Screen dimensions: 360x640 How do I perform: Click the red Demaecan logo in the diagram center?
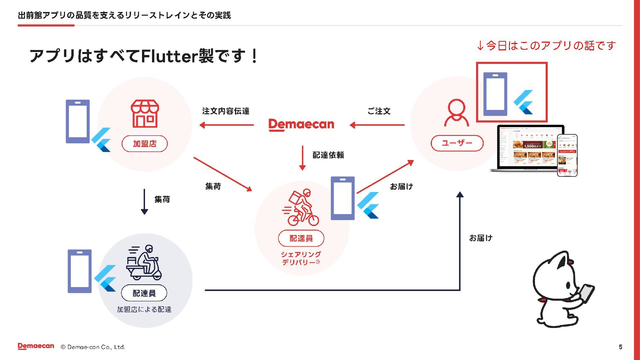301,125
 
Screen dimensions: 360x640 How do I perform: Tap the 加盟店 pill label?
145,144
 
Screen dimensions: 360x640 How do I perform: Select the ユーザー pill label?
457,143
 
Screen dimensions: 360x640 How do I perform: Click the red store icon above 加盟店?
145,114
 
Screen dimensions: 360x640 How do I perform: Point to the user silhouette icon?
456,113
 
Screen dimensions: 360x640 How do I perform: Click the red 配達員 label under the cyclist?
301,238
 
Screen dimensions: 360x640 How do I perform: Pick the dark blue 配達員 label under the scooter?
144,293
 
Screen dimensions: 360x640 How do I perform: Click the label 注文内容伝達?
226,111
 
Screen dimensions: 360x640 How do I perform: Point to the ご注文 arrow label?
379,111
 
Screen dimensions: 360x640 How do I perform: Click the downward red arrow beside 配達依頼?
302,158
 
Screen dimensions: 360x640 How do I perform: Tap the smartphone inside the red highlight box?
495,94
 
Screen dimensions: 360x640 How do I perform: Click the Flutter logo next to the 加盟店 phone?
101,140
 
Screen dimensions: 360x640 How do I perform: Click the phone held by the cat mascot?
586,293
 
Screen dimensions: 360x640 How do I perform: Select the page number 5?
620,347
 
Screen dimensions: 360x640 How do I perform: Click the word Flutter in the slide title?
170,56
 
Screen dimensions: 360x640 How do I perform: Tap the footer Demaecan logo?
36,346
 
